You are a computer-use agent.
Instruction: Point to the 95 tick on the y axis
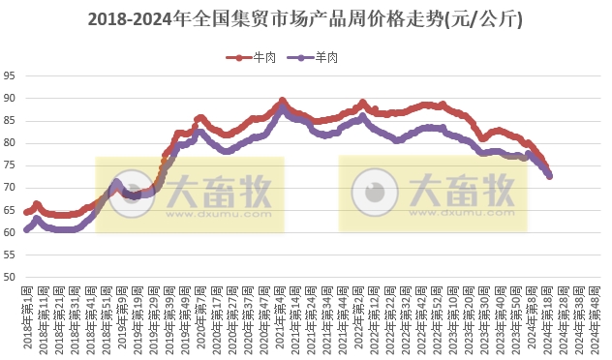coord(9,75)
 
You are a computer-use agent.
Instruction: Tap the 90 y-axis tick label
coord(9,98)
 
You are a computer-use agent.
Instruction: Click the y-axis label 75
coord(9,165)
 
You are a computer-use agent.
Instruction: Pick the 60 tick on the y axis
coord(9,233)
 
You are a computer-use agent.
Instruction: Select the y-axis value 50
coord(9,278)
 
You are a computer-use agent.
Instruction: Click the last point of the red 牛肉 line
coord(550,174)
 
